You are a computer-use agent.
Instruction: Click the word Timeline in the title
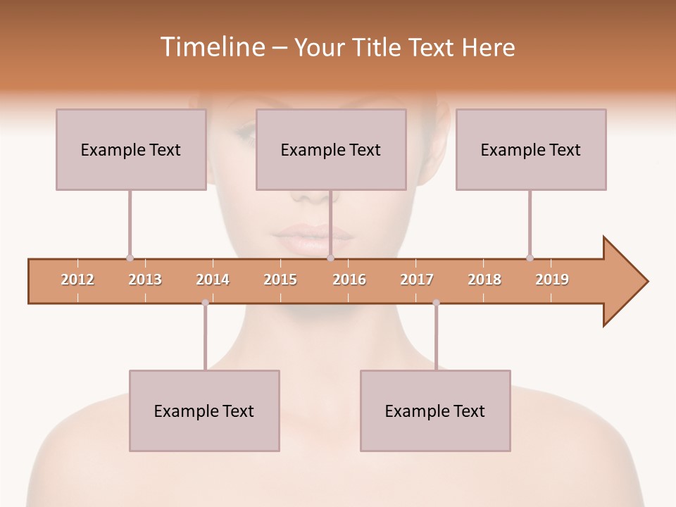[x=211, y=47]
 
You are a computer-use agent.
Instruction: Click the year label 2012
[x=77, y=280]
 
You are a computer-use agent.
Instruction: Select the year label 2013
[x=145, y=280]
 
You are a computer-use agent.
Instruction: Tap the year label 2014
[x=213, y=280]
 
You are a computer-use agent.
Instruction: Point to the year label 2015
[x=280, y=280]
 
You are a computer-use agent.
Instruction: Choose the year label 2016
[x=349, y=280]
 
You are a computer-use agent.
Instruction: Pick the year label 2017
[x=417, y=280]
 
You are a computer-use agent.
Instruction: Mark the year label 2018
[x=484, y=280]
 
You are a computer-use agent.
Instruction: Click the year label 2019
[x=552, y=280]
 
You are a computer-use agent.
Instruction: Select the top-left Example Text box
[x=131, y=149]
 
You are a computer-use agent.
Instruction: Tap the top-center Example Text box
[x=331, y=149]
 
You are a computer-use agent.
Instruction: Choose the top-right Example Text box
[x=531, y=149]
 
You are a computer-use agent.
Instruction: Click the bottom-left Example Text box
[x=204, y=411]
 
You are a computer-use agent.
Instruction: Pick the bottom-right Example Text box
[x=435, y=411]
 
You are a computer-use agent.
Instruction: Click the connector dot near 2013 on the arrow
[x=130, y=258]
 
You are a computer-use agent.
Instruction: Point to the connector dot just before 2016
[x=330, y=258]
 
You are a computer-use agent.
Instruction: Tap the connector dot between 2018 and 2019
[x=530, y=258]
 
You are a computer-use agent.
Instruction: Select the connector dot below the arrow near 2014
[x=205, y=303]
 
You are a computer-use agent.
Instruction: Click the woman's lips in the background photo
[x=310, y=239]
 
